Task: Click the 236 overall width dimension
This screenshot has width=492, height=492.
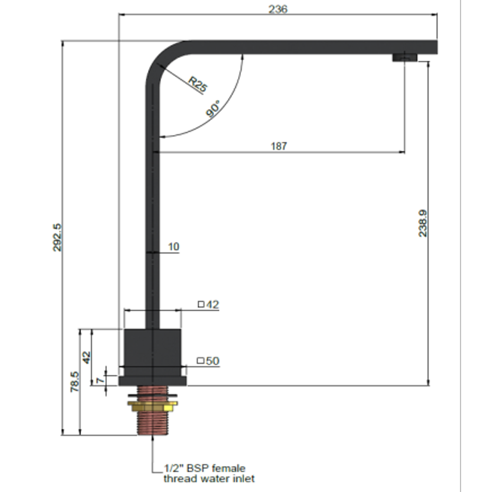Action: coord(278,9)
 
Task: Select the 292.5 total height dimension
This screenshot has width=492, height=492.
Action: coord(57,237)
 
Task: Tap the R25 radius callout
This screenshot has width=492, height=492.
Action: coord(198,84)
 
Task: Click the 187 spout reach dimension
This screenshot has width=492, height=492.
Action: coord(278,146)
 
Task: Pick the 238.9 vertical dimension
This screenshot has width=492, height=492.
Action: coord(423,223)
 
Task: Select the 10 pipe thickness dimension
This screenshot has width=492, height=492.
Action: coord(174,247)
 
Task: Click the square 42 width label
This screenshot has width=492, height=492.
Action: coord(208,305)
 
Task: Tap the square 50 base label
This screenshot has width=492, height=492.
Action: coord(208,361)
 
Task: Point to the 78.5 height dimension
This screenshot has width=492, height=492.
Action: coord(75,382)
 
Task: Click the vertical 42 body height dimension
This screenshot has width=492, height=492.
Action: coord(87,357)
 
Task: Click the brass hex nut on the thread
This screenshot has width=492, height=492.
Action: coord(152,406)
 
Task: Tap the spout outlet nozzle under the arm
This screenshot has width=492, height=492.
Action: coord(405,57)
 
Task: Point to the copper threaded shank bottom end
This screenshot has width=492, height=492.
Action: coord(152,430)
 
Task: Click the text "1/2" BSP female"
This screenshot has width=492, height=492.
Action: coord(205,468)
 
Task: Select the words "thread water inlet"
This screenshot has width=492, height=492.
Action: coord(209,479)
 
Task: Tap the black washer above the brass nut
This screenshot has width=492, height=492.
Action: coord(152,395)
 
